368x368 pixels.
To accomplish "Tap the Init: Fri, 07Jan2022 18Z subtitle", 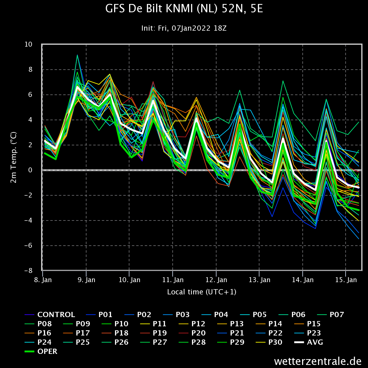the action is click(184, 28).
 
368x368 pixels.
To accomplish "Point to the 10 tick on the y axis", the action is click(28, 44).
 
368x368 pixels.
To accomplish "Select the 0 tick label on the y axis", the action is click(30, 170).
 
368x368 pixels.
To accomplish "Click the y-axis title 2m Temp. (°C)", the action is click(13, 157).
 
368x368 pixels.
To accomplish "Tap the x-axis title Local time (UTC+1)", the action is click(202, 292).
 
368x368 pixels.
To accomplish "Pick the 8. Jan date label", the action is click(43, 280).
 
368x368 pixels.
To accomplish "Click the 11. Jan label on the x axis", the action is click(173, 280).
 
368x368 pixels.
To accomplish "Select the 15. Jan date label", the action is click(346, 280).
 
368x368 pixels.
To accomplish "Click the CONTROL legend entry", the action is click(56, 315).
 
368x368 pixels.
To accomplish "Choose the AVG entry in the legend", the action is click(315, 342).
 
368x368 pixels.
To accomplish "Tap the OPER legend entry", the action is click(47, 351).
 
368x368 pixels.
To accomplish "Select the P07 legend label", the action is click(337, 315).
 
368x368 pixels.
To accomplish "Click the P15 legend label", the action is click(314, 324).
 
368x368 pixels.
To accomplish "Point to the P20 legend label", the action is click(198, 333).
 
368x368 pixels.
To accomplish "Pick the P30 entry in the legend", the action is click(275, 342).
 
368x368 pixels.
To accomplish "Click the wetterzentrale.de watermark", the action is click(318, 361).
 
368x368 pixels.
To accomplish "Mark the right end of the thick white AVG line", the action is click(359, 188).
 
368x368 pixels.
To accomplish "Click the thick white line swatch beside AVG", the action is click(299, 342).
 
